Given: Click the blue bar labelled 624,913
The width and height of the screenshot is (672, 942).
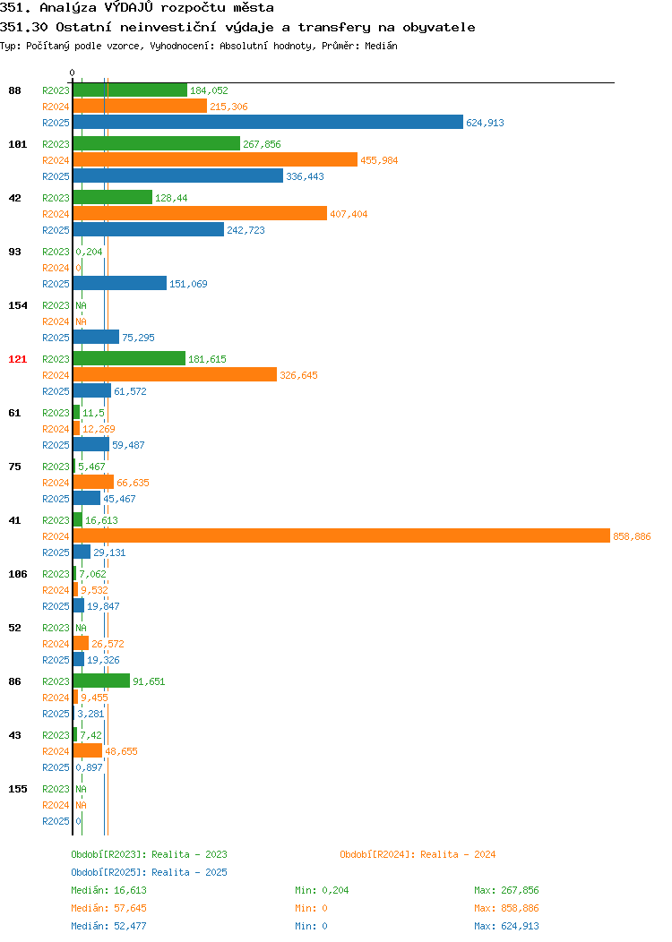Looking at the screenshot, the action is [x=268, y=122].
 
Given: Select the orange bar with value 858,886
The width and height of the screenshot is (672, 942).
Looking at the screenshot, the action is [x=341, y=535].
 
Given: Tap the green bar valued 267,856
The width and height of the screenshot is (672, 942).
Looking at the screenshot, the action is [x=156, y=143].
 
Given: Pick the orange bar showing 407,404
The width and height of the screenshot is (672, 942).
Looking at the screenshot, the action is [x=200, y=213].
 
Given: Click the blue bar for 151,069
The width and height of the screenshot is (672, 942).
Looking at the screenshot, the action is [x=119, y=283].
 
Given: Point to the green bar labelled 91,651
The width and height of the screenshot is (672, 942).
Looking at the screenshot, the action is [x=101, y=681].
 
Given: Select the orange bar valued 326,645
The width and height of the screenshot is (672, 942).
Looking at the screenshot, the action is [x=175, y=374].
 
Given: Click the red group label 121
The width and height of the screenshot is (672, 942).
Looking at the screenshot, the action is [x=17, y=359].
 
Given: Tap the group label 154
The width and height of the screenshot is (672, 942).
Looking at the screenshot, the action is [x=17, y=305].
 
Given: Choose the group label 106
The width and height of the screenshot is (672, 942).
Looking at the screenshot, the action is [x=17, y=574].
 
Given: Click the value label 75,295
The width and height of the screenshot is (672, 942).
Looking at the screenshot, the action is [x=138, y=338].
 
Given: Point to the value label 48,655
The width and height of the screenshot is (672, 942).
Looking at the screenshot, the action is [x=122, y=751].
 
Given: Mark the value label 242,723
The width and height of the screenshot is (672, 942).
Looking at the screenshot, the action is [x=246, y=230].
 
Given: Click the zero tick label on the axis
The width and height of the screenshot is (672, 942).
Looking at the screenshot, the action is [x=73, y=73].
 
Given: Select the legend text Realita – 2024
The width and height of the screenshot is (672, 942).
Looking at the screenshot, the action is [x=458, y=854].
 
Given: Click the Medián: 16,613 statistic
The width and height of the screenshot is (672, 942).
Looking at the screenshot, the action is [x=108, y=890].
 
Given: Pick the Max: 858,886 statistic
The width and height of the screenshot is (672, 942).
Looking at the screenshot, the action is [x=507, y=908].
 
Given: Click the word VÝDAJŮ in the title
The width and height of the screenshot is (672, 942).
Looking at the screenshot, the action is [x=129, y=8].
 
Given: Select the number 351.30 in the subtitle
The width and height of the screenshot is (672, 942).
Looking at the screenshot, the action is [x=24, y=27].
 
